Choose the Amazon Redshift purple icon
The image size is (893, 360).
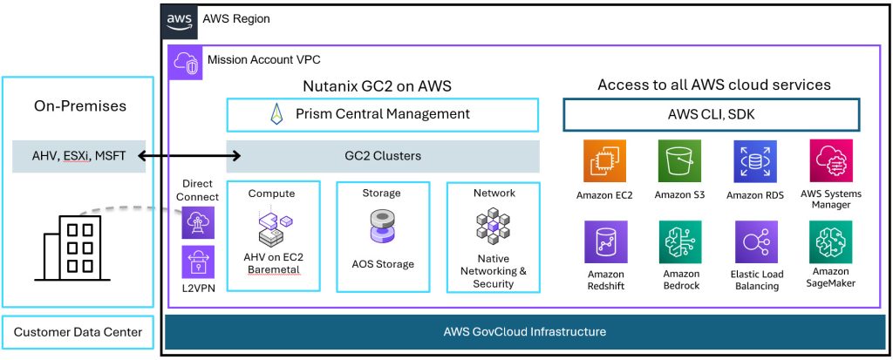(x=604, y=242)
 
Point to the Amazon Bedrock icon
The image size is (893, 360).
(x=679, y=242)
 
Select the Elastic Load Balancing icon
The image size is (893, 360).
(x=755, y=242)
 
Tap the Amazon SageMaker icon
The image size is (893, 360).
(x=830, y=242)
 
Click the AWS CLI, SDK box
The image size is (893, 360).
(x=712, y=114)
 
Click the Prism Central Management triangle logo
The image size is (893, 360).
(x=276, y=114)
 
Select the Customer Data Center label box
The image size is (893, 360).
(x=78, y=332)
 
